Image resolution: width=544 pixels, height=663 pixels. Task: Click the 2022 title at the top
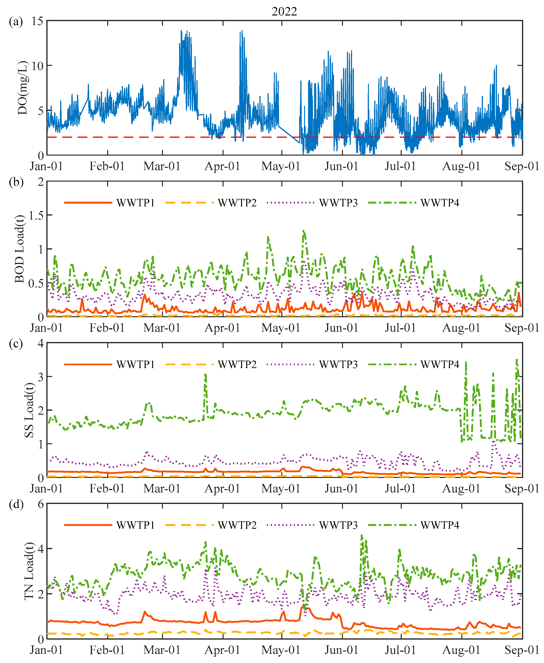[x=284, y=12]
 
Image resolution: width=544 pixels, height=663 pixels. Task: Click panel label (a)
[x=16, y=22]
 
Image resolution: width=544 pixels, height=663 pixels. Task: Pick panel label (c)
[x=16, y=344]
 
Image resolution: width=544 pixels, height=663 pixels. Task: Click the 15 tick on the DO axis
[x=37, y=21]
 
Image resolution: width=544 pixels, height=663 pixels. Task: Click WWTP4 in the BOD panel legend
[x=440, y=203]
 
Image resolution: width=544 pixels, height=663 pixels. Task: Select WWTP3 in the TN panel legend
[x=338, y=525]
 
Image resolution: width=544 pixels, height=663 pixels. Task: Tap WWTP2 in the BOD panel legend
[x=237, y=203]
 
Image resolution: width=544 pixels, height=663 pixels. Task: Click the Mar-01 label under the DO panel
[x=162, y=166]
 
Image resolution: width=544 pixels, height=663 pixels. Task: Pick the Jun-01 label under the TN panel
[x=341, y=650]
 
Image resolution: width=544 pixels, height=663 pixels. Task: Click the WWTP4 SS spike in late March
[x=205, y=375]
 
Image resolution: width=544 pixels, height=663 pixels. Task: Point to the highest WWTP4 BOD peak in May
[x=303, y=231]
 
